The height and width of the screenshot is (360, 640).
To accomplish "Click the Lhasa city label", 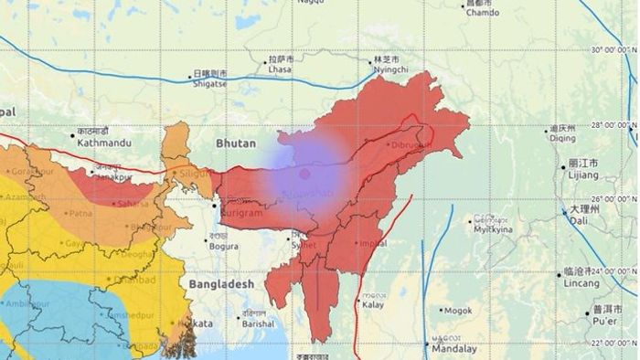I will pyautogui.click(x=280, y=69).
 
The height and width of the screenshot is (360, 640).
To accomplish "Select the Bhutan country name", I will pyautogui.click(x=237, y=143).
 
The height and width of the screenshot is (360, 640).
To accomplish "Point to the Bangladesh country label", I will pyautogui.click(x=220, y=285).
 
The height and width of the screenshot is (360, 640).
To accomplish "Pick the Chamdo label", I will pyautogui.click(x=482, y=12).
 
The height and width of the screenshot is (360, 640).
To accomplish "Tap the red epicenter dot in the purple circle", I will pyautogui.click(x=304, y=173).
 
